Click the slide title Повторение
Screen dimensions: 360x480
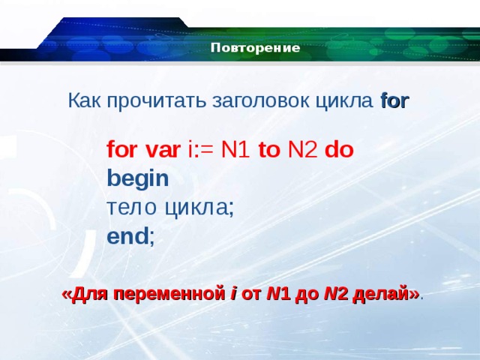click(255, 49)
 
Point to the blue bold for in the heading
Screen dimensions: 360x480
click(394, 101)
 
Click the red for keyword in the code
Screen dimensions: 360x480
click(122, 148)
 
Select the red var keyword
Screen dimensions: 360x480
click(162, 148)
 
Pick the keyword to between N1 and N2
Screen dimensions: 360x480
click(269, 148)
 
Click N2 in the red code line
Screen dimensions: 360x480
click(303, 148)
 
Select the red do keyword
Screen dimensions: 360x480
click(339, 148)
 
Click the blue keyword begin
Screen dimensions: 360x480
click(138, 178)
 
